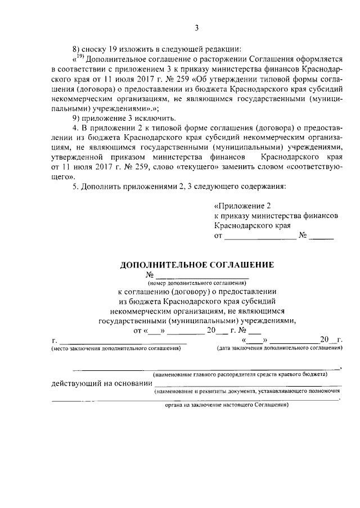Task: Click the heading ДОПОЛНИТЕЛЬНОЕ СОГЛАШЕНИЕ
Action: click(197, 264)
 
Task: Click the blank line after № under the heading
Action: click(201, 276)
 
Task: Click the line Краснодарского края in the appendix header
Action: click(252, 226)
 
